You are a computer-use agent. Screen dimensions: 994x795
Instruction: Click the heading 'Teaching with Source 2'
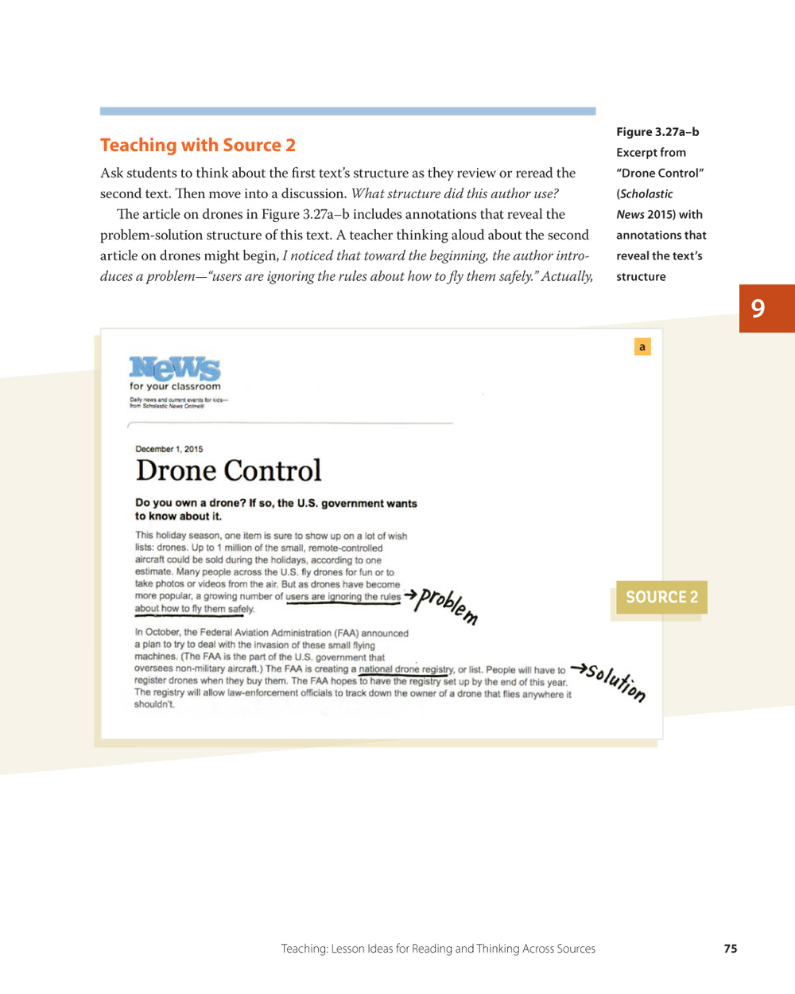coord(198,145)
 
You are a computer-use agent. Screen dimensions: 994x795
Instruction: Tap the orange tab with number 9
coord(766,308)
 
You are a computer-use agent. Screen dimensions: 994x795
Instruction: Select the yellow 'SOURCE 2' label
coord(661,597)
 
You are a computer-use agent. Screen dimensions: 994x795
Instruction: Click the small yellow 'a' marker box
coord(642,347)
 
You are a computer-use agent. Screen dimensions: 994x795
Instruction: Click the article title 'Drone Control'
coord(228,470)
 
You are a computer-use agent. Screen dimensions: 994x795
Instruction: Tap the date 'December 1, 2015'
coord(169,449)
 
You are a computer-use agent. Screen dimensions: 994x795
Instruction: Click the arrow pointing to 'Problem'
coord(410,594)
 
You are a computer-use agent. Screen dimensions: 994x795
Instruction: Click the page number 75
coord(731,949)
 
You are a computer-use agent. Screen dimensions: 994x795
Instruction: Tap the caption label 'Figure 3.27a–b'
coord(657,132)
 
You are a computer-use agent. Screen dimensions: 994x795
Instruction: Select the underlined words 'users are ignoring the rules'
coord(343,596)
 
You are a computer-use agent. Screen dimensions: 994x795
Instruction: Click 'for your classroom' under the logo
coord(175,387)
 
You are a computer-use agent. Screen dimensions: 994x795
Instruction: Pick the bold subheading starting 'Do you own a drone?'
coord(276,509)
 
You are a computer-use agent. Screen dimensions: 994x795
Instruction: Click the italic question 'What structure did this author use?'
coord(455,193)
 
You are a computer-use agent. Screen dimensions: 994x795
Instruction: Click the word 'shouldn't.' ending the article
coord(154,704)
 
